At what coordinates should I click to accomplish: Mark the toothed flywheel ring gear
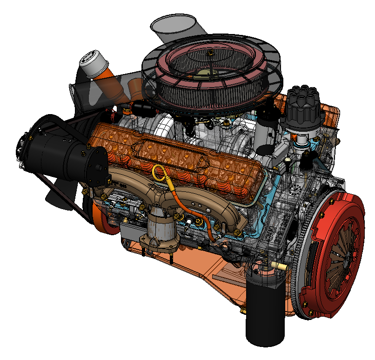(298, 275)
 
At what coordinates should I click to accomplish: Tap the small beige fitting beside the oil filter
(281, 266)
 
